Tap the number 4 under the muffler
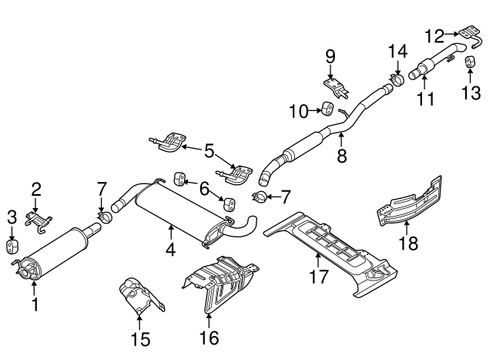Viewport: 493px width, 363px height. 169,249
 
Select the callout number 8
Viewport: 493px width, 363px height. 341,154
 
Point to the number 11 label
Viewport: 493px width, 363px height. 424,98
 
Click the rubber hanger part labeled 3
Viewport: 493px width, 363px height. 12,246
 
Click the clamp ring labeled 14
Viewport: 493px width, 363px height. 397,79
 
